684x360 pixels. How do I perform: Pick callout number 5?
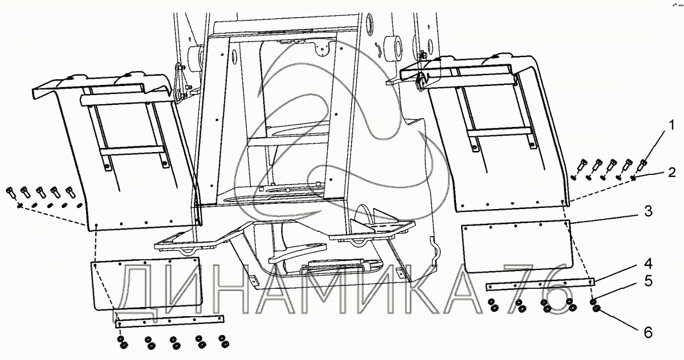click(x=648, y=280)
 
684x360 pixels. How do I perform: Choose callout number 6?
click(x=648, y=332)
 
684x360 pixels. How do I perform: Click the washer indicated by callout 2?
click(x=634, y=180)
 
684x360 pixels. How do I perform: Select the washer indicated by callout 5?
click(x=593, y=301)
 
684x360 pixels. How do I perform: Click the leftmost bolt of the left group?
click(x=11, y=192)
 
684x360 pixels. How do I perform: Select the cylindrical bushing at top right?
click(x=393, y=48)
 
